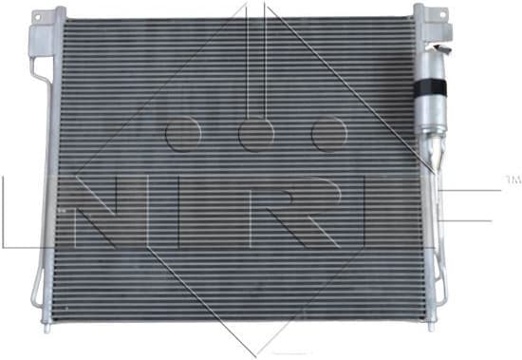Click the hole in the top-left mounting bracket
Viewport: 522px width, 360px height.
click(x=38, y=37)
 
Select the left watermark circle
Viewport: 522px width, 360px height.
click(x=180, y=134)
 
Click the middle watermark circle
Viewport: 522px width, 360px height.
click(x=255, y=134)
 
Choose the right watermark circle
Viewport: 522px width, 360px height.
click(x=329, y=134)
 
